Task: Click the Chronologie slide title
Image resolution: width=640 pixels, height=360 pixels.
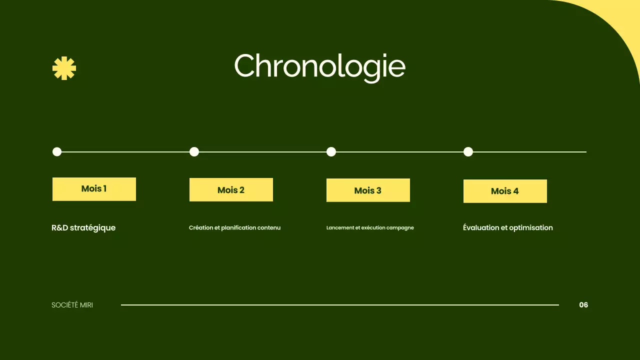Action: point(319,66)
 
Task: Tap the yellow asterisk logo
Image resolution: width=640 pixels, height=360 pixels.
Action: point(64,68)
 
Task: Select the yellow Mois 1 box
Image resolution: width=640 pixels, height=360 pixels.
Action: point(94,189)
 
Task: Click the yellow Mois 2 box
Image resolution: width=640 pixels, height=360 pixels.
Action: point(231,190)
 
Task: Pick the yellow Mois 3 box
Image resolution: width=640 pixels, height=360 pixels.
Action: point(368,190)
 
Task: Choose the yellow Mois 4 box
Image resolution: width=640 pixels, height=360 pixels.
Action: point(505,191)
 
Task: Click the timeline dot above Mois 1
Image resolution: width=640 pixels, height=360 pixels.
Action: point(57,151)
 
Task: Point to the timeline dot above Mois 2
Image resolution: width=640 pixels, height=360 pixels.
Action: point(194,151)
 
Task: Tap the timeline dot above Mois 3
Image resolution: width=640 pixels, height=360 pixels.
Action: point(331,151)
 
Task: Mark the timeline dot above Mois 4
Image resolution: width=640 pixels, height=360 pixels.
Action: point(468,151)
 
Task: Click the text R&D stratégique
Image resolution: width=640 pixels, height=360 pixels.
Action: point(83,228)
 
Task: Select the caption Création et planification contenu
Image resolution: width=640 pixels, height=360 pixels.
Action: point(234,228)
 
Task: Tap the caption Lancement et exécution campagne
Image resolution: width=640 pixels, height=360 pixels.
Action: point(370,228)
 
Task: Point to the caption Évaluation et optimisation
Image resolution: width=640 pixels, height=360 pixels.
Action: point(507,228)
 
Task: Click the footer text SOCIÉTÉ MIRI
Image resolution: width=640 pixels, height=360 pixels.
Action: point(72,305)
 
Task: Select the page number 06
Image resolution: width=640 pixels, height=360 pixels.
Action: point(583,305)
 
